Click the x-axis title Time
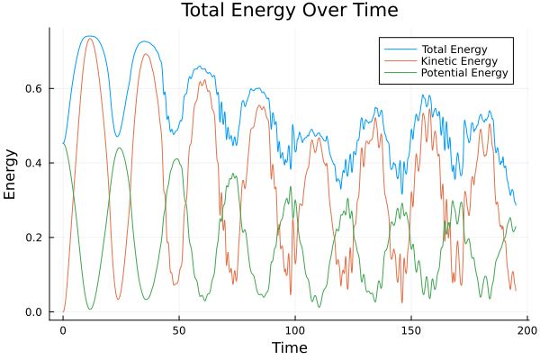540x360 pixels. point(289,347)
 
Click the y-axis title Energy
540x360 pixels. point(11,173)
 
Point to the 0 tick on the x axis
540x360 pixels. point(63,330)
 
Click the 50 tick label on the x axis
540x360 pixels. point(178,330)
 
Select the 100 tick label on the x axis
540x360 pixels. point(295,330)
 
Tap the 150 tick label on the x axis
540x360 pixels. point(411,330)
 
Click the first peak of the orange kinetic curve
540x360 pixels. point(89,39)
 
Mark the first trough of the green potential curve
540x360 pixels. point(90,310)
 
